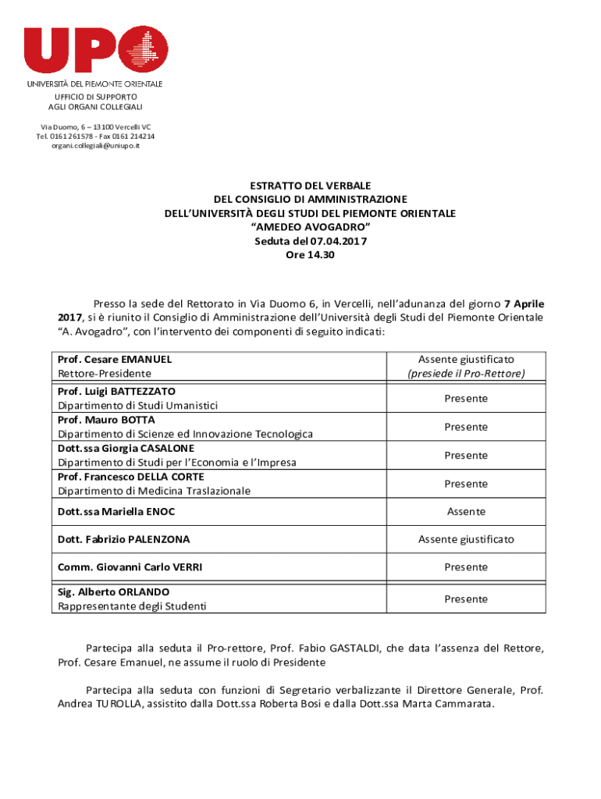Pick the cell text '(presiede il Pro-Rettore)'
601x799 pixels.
click(x=466, y=374)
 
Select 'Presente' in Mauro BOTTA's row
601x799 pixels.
click(x=466, y=427)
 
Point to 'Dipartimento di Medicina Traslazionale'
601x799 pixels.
click(x=154, y=491)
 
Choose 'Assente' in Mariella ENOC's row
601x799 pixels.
click(x=466, y=512)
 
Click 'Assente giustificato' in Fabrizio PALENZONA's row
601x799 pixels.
click(x=466, y=539)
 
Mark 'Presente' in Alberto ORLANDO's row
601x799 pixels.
click(x=466, y=599)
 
